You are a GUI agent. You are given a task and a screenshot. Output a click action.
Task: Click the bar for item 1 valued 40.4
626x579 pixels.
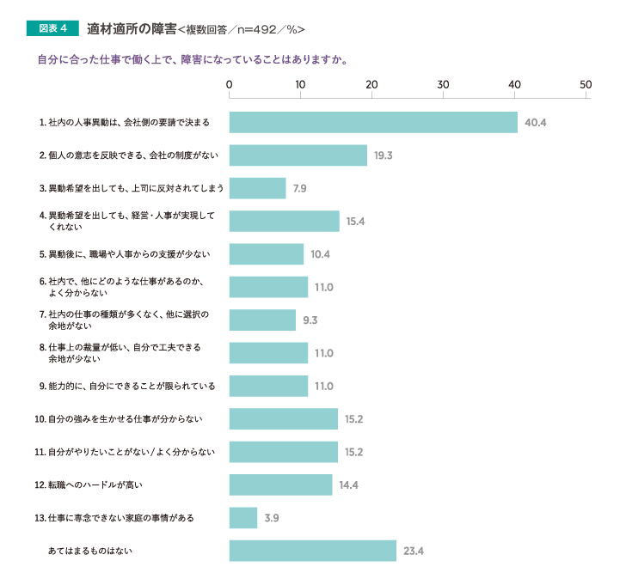point(373,122)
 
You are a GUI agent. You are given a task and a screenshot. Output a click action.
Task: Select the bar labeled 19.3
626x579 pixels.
point(298,155)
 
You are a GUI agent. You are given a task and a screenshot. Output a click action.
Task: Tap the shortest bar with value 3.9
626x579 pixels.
point(243,517)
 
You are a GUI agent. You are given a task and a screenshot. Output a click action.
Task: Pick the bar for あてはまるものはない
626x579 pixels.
point(312,551)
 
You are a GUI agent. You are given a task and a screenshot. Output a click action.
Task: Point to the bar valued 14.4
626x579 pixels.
point(280,485)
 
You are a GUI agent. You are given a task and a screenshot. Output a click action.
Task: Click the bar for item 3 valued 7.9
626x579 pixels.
point(257,188)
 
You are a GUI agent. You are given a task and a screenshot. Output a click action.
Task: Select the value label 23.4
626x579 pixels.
point(414,551)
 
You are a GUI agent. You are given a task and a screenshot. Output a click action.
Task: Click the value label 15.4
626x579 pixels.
point(356,221)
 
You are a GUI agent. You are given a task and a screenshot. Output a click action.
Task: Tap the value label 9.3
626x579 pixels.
point(310,320)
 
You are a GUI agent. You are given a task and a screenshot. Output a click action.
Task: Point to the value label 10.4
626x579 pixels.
point(321,254)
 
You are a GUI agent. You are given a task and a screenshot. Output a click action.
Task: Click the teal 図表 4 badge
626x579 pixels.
point(52,28)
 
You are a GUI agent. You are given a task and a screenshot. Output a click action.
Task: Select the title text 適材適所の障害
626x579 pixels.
point(132,28)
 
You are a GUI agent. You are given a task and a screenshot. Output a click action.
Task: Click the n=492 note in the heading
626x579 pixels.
point(254,29)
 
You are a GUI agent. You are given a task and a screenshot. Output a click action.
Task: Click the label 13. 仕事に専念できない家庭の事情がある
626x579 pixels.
point(114,518)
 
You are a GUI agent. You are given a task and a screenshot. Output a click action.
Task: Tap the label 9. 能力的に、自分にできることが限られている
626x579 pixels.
point(123,386)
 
